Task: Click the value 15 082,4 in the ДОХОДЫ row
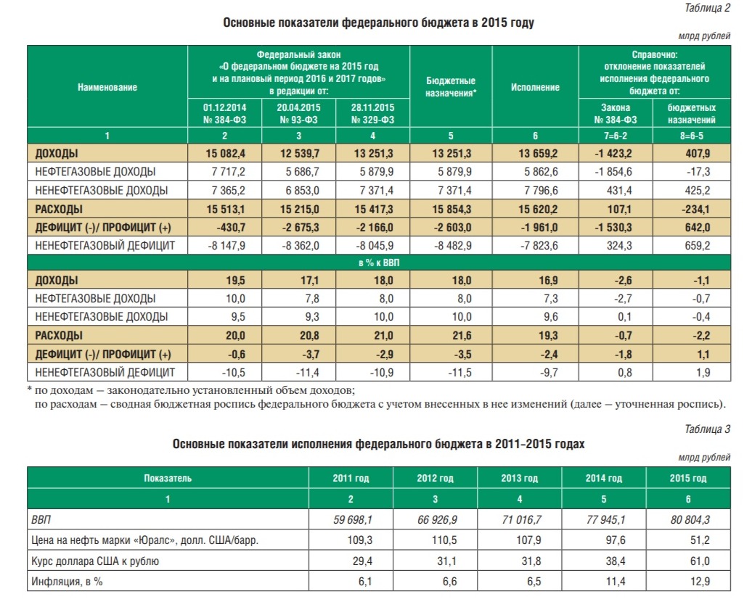click(x=226, y=153)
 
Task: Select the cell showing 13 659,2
click(x=538, y=153)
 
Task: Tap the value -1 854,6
click(x=613, y=172)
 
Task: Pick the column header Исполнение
click(x=535, y=87)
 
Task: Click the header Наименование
click(x=107, y=87)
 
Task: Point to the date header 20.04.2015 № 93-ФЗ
click(x=299, y=114)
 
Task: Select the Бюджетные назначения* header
click(x=451, y=87)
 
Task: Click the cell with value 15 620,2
click(x=538, y=209)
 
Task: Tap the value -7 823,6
click(x=539, y=245)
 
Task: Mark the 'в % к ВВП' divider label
click(x=379, y=263)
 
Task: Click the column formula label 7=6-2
click(x=616, y=136)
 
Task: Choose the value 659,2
click(x=698, y=245)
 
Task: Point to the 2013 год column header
click(x=520, y=479)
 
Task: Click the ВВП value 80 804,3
click(x=690, y=519)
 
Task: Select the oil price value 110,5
click(x=444, y=540)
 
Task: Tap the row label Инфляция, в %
click(x=67, y=582)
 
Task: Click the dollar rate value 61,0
click(x=700, y=561)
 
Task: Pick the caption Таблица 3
click(x=708, y=429)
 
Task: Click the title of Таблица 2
click(x=378, y=22)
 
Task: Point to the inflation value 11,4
click(x=616, y=582)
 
